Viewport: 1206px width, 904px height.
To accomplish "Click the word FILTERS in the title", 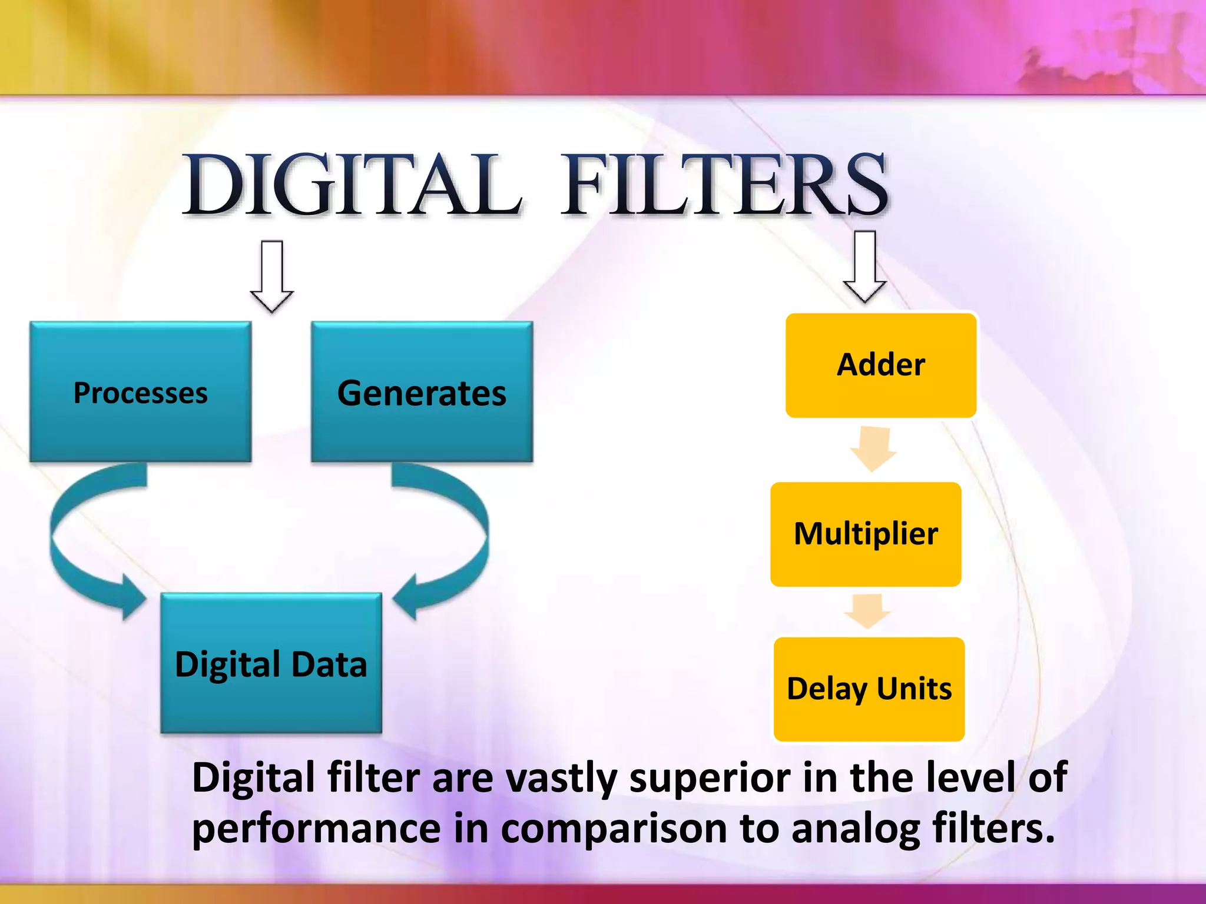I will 724,184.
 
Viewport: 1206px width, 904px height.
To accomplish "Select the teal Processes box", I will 141,392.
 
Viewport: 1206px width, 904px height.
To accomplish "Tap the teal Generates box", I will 422,392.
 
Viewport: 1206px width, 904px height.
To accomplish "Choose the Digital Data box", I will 271,663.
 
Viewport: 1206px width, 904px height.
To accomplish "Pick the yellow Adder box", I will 881,365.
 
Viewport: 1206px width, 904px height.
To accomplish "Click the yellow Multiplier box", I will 866,534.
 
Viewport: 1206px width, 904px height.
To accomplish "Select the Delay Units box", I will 869,689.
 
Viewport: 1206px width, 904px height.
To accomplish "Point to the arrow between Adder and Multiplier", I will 873,449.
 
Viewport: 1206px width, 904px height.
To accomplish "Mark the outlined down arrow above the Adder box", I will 864,266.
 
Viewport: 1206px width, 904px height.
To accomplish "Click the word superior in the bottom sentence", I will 710,777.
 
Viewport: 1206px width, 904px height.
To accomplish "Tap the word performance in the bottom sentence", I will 316,829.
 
